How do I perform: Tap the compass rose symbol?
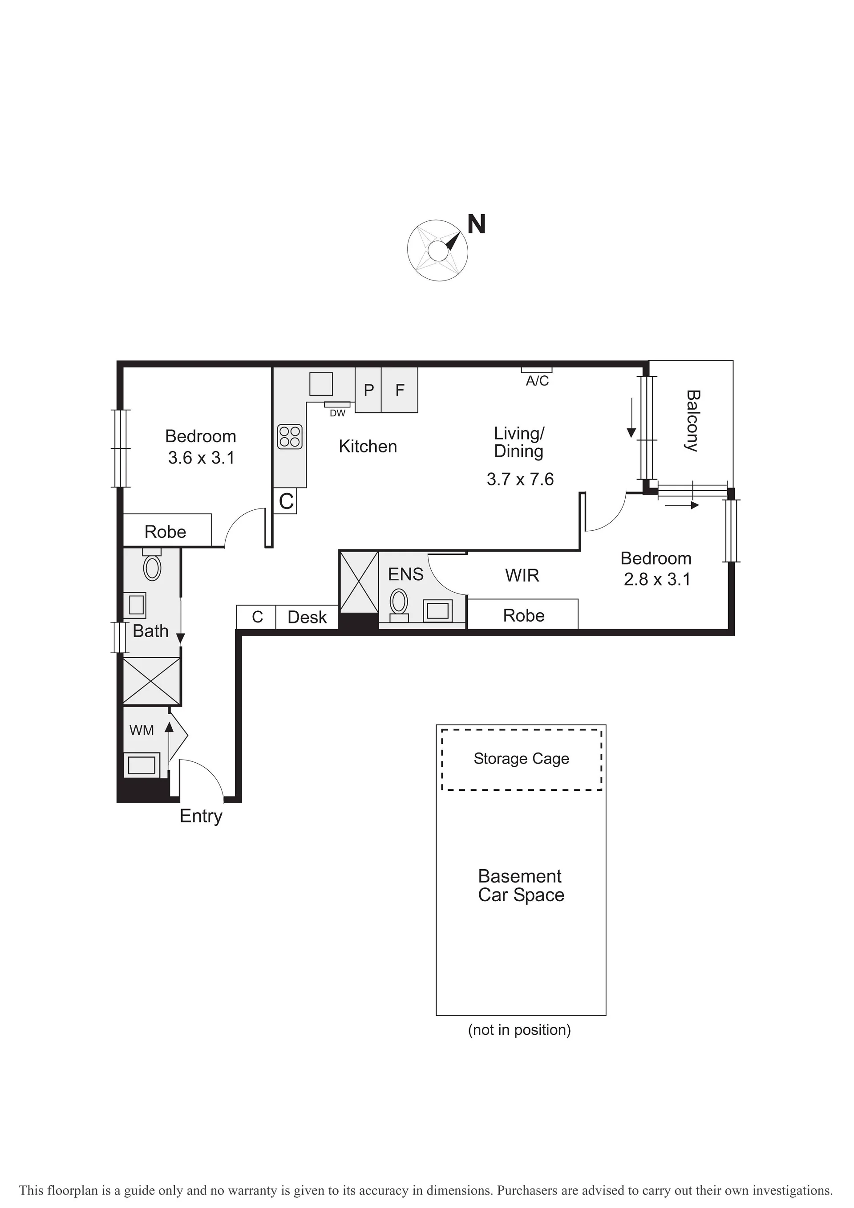coord(437,250)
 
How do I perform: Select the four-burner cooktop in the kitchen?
coord(290,437)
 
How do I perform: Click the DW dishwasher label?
coord(338,414)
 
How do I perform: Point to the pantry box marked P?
coord(368,390)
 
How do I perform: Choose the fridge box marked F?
coord(400,390)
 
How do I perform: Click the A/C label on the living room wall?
coord(538,381)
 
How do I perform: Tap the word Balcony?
coord(692,421)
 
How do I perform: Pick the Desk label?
coord(307,617)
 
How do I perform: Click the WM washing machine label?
coord(142,730)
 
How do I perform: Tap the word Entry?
coord(201,817)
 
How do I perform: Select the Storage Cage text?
coord(521,759)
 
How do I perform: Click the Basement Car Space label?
coord(521,886)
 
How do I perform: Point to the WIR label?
coord(522,576)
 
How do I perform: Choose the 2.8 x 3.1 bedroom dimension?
coord(657,579)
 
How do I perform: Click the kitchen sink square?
coord(321,383)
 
